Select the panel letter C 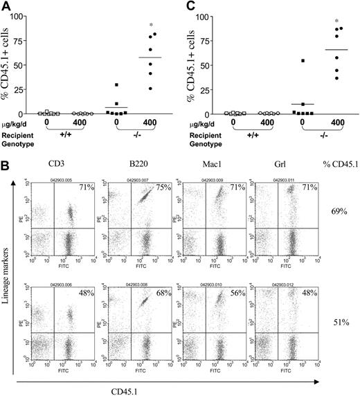click(x=188, y=8)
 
